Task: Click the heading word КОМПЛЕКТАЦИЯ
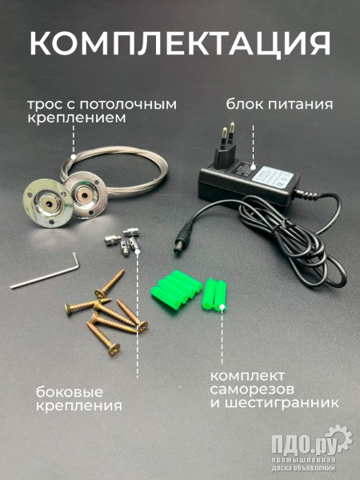[x=180, y=43]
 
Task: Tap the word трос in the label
[x=43, y=105]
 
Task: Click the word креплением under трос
[x=77, y=118]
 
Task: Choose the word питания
[x=301, y=105]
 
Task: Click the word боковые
[x=70, y=392]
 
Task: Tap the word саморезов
[x=252, y=390]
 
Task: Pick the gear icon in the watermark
[x=338, y=438]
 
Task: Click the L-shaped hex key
[x=46, y=272]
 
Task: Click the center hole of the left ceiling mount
[x=49, y=203]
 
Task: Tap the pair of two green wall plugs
[x=214, y=294]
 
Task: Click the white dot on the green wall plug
[x=222, y=306]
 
